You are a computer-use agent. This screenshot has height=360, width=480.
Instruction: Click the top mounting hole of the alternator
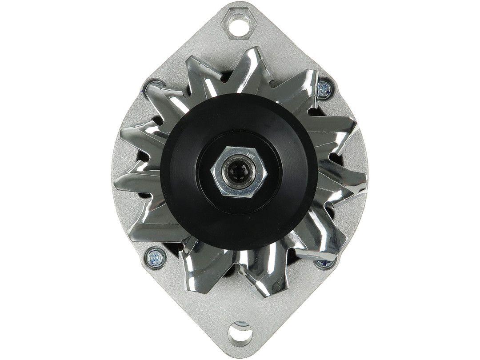click(240, 20)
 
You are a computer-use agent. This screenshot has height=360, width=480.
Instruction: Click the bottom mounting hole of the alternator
click(240, 332)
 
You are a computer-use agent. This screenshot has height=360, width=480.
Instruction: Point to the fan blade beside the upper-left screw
click(164, 100)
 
